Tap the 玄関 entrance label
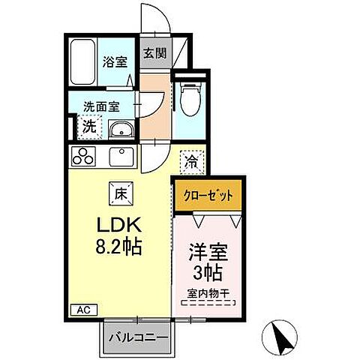(154, 54)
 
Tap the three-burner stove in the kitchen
(84, 157)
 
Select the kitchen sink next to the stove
(121, 157)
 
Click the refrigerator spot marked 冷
(192, 160)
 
